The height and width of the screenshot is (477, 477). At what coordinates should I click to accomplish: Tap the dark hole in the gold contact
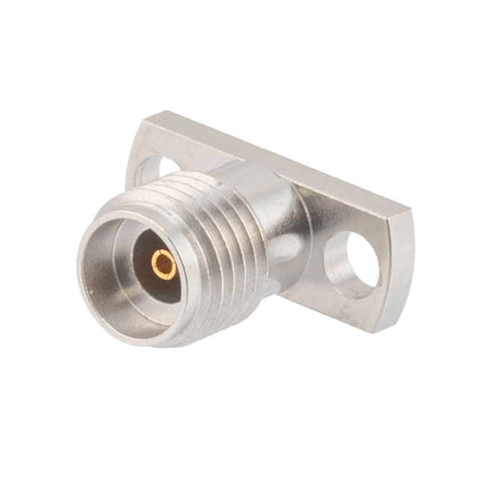tap(163, 264)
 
